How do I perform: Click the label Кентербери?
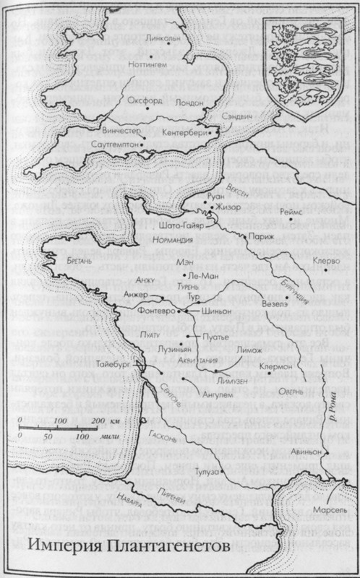[182, 133]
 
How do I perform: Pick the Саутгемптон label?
[115, 147]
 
